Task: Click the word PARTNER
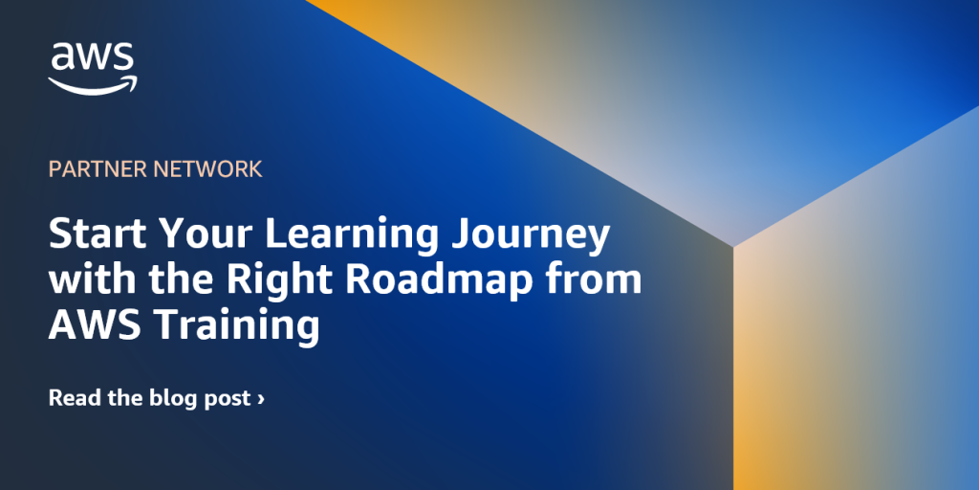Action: pos(90,169)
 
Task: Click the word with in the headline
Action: pos(83,279)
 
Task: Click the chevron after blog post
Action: pos(261,398)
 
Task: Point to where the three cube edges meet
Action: pos(733,247)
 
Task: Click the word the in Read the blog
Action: pos(121,397)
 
